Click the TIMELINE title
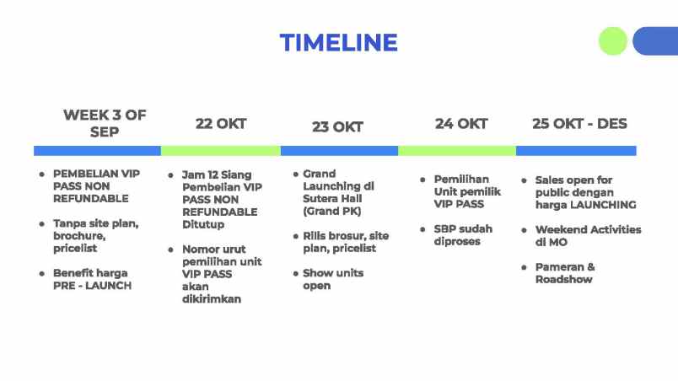[338, 42]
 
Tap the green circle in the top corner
[613, 41]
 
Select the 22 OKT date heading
[221, 124]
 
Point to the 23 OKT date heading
[337, 127]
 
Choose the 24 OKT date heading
[461, 124]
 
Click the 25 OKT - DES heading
[579, 124]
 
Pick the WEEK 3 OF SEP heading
[105, 123]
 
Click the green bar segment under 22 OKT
[221, 151]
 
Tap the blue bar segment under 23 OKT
[340, 151]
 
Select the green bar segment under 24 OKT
[457, 151]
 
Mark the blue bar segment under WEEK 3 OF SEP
[97, 151]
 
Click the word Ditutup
[203, 224]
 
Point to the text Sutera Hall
[332, 199]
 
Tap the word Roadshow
[564, 280]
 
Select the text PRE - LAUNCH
[93, 286]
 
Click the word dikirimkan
[212, 299]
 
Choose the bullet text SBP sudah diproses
[463, 235]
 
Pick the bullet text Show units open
[333, 280]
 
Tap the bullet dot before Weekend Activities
[524, 230]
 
